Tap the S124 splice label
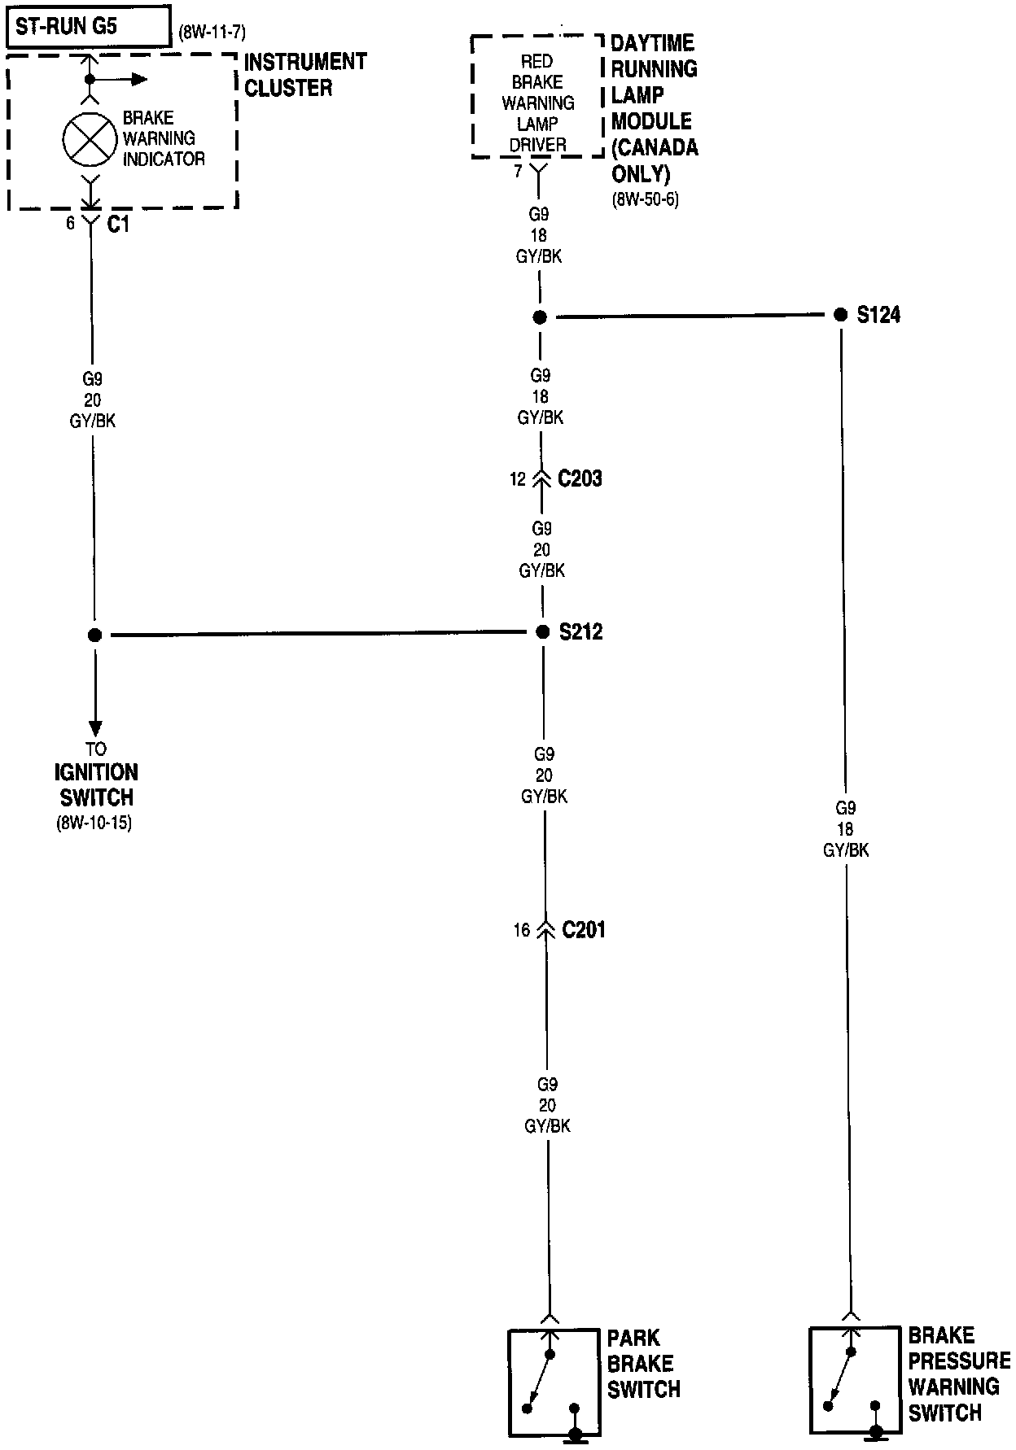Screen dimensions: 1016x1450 click(878, 315)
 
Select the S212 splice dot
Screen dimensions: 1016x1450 click(543, 632)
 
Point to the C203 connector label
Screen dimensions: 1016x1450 click(580, 478)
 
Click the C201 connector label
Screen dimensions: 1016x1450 click(584, 929)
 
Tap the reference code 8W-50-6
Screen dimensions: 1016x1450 click(645, 200)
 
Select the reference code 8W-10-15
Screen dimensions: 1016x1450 click(94, 823)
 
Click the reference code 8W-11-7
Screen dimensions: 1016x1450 click(212, 33)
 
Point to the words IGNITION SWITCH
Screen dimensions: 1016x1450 click(96, 784)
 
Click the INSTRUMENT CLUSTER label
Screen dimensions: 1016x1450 click(305, 75)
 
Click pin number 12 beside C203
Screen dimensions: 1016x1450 click(518, 479)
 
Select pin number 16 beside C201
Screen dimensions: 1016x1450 click(521, 930)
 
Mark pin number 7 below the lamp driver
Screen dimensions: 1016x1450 click(518, 172)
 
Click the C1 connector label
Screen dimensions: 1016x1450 click(118, 225)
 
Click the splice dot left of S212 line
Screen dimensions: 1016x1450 click(94, 635)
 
